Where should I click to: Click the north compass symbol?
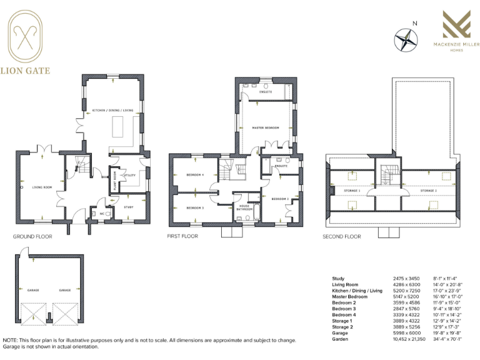point(406,39)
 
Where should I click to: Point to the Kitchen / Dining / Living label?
point(113,110)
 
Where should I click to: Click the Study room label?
point(129,206)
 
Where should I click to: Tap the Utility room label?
point(130,176)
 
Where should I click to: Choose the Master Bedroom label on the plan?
point(264,127)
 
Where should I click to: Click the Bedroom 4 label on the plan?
point(195,175)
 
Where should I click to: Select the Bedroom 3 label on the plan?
point(195,207)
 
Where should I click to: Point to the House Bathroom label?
point(244,207)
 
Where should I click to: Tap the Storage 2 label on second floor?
point(428,189)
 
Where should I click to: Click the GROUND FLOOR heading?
point(32,237)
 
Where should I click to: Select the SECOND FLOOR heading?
point(342,237)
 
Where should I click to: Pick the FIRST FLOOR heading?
point(182,237)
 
